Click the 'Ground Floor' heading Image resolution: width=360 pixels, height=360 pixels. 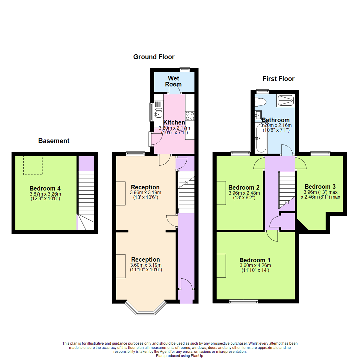tap(154, 57)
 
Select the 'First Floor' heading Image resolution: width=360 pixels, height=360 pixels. tap(278, 79)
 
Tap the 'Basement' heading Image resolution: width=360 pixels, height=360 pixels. tap(54, 141)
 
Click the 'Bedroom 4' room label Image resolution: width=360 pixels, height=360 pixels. tap(45, 188)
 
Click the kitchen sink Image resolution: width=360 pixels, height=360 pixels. tap(158, 110)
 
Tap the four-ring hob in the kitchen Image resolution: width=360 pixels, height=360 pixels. tap(190, 116)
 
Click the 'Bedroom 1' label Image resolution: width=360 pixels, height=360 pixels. tap(255, 260)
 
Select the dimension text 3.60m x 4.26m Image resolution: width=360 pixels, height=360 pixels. tap(255, 266)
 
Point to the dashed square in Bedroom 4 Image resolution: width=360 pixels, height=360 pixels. tap(33, 165)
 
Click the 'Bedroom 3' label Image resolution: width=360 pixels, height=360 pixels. tap(320, 186)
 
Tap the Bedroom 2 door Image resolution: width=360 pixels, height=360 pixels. tap(260, 163)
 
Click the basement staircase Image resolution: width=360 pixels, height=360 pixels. tap(86, 200)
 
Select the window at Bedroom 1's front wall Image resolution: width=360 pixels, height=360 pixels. tap(244, 302)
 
